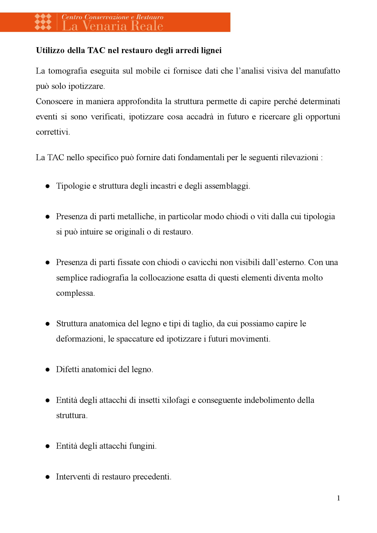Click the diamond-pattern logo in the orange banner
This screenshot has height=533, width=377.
click(43, 22)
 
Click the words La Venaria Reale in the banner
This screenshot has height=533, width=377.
click(112, 26)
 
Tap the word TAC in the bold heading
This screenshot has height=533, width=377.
click(96, 50)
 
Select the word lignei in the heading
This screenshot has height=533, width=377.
click(211, 50)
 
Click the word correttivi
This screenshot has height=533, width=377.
click(53, 132)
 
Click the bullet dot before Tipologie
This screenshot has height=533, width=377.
click(48, 186)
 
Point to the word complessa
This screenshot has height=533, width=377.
click(75, 293)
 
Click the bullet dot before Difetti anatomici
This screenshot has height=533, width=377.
click(48, 370)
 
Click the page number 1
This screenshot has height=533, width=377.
click(338, 498)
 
